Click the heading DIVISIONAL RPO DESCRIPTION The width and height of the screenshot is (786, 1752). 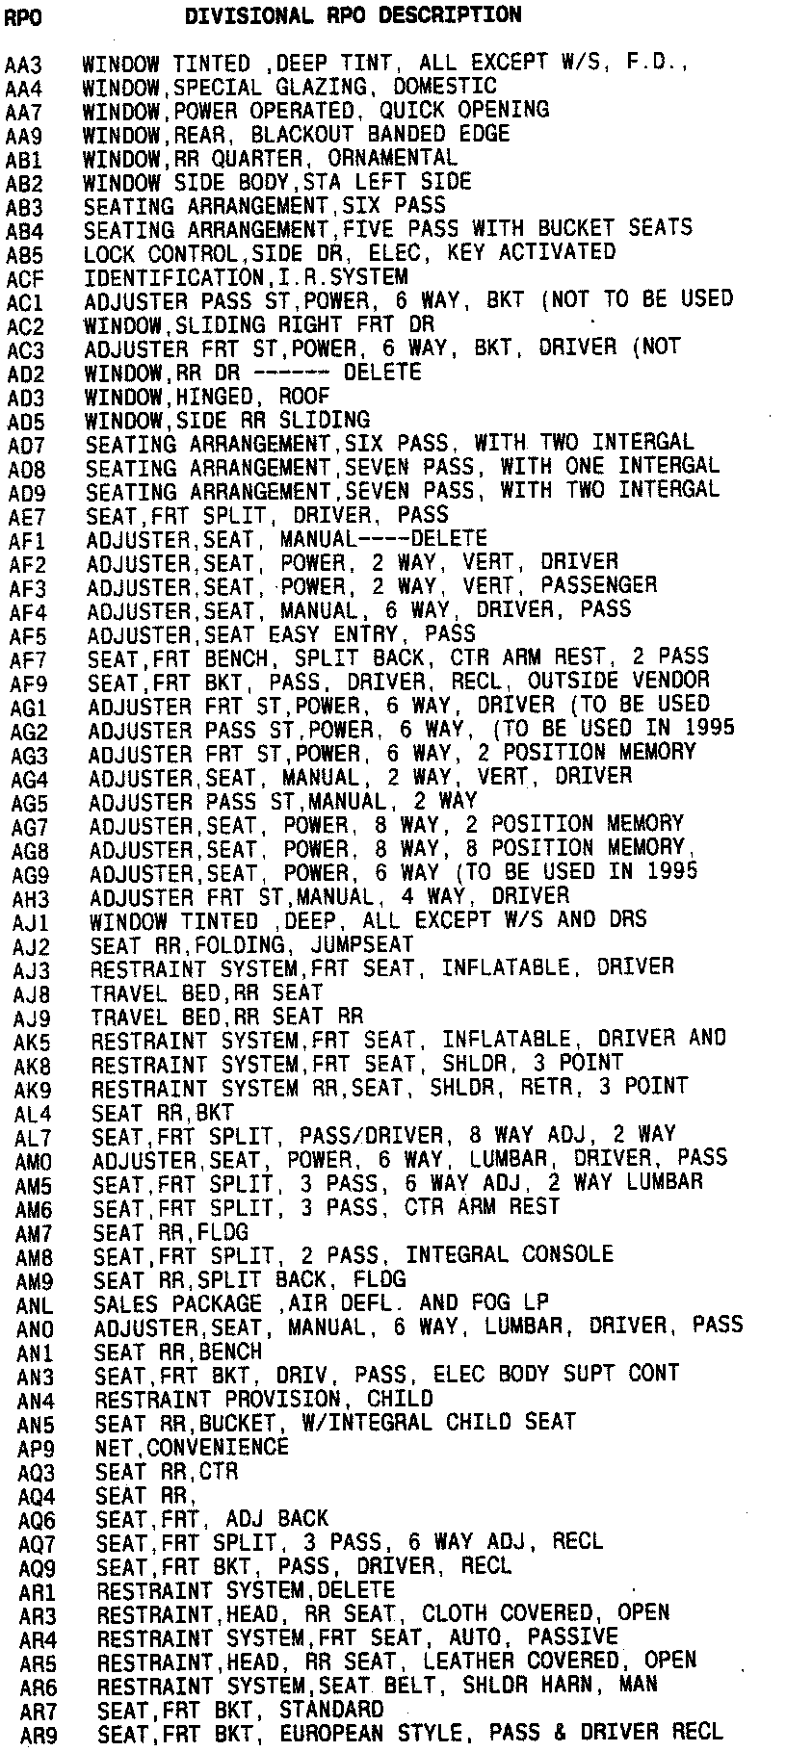point(353,16)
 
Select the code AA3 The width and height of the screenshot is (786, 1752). point(23,65)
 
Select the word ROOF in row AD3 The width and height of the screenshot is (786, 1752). point(305,396)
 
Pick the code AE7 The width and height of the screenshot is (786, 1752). point(27,516)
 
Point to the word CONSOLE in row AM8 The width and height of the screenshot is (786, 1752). point(567,1255)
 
